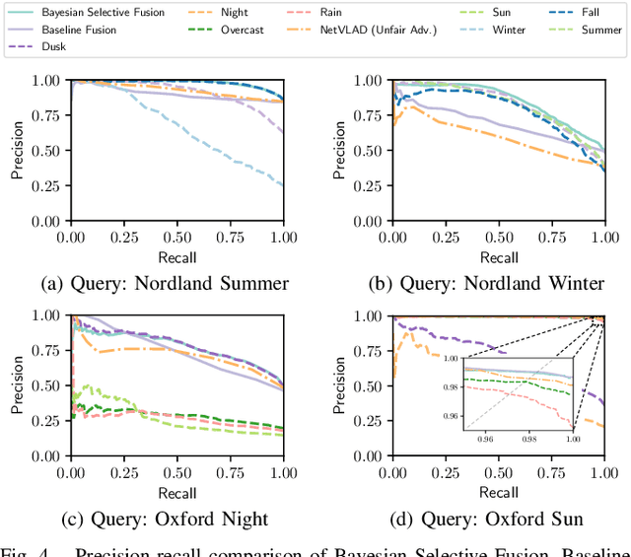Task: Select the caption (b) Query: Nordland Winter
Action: pos(486,284)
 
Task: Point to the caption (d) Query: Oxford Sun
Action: pos(486,520)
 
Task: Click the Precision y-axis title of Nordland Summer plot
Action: pos(17,151)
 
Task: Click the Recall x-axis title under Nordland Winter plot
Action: pos(499,258)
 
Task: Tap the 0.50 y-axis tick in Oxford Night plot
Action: pos(49,385)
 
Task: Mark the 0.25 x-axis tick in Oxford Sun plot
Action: pos(446,474)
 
